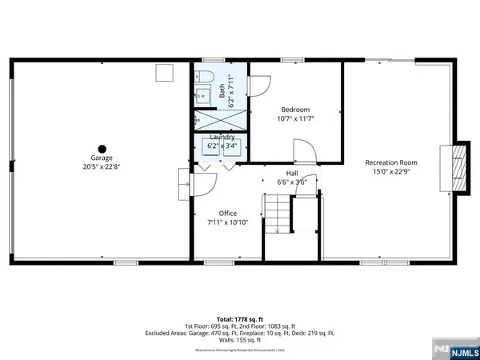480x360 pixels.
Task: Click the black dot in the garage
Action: click(102, 147)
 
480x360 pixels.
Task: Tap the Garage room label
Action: click(102, 159)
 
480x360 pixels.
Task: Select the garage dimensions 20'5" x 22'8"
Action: click(102, 167)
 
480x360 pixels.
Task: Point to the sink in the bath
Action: click(203, 94)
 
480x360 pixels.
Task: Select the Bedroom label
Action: click(294, 110)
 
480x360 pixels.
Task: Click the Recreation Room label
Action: click(391, 162)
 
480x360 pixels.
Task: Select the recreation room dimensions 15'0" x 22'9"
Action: click(391, 171)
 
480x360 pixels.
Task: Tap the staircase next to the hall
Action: click(277, 216)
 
